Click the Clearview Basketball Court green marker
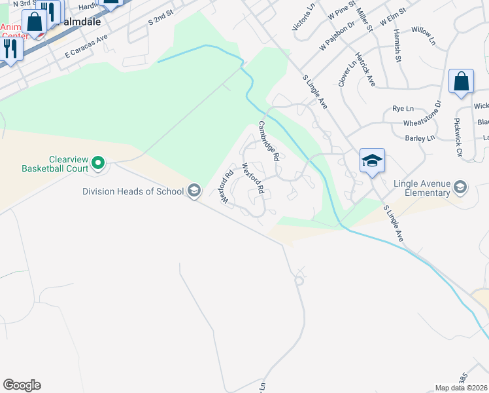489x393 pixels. coord(98,161)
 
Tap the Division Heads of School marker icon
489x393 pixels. coord(194,191)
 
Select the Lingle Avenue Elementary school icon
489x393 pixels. coord(460,188)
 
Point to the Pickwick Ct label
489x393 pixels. coord(459,138)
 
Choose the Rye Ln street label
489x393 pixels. coord(403,108)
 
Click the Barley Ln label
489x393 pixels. coord(420,138)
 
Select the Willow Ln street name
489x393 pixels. coord(423,35)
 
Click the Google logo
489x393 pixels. coord(22,385)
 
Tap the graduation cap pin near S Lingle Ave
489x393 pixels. coord(372,160)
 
